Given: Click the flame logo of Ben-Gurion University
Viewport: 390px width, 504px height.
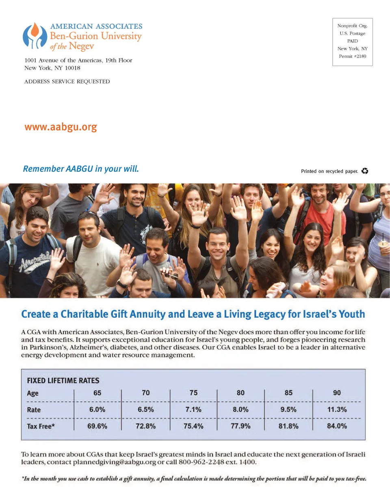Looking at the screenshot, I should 35,35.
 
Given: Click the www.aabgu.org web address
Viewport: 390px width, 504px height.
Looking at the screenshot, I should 61,127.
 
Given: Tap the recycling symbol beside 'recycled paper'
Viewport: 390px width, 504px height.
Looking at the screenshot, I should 365,171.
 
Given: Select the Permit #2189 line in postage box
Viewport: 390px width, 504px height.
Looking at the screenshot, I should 352,56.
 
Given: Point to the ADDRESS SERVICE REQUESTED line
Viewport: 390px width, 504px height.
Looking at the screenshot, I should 67,82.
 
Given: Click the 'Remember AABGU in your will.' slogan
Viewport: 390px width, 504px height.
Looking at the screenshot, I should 81,169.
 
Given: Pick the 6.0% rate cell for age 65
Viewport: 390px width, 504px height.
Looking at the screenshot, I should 97,409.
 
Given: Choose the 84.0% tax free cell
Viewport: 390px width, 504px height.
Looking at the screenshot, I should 337,426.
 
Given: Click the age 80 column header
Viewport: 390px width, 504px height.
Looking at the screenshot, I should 240,393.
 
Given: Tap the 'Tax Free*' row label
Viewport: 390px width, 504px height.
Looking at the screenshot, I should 41,426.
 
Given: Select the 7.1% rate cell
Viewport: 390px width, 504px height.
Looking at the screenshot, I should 193,409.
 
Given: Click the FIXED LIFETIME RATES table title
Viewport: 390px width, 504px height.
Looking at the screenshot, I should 63,381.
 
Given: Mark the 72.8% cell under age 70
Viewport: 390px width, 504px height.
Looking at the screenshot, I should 145,426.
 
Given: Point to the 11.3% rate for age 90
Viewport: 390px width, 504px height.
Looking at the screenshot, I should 337,409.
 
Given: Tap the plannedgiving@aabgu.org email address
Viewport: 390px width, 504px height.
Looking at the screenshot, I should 115,462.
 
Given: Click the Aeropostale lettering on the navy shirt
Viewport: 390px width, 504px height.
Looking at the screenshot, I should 34,260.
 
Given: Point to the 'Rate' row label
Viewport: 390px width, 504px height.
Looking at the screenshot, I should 34,410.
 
